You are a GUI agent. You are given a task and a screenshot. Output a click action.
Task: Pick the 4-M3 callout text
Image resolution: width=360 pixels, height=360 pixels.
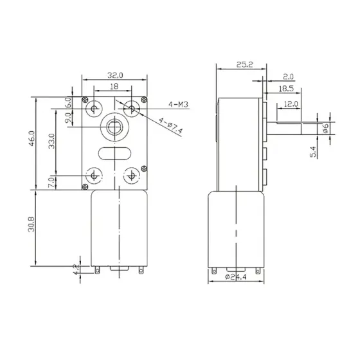(178, 104)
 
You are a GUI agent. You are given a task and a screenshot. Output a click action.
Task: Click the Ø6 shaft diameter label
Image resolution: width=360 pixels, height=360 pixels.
(326, 127)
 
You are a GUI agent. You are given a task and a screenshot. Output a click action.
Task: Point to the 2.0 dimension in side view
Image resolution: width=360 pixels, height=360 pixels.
(287, 76)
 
